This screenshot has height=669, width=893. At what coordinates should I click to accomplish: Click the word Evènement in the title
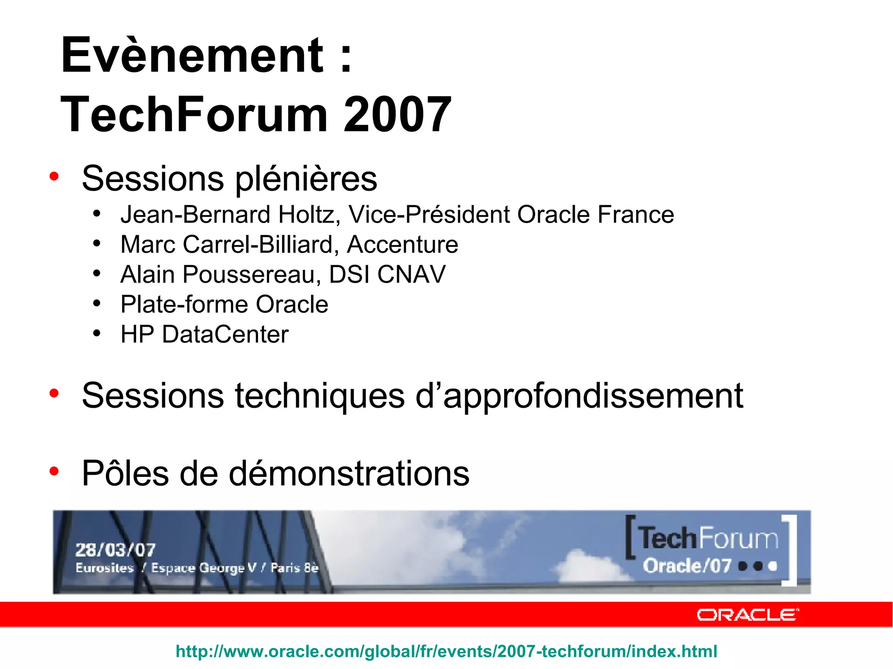(x=192, y=56)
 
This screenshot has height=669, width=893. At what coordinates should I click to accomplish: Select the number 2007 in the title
(x=397, y=115)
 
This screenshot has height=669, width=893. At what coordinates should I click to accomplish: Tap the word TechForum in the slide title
(x=194, y=115)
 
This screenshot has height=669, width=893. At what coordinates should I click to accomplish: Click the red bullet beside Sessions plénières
(x=54, y=176)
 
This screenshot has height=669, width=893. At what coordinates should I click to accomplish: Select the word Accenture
(x=402, y=244)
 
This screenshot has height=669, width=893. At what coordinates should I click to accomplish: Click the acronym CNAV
(x=411, y=274)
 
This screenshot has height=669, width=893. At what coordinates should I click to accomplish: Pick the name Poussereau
(x=252, y=274)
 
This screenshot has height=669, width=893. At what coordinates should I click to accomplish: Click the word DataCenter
(x=225, y=334)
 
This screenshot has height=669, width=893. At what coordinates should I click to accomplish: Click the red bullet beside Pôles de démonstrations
(x=54, y=471)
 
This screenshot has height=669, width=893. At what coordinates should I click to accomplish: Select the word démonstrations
(x=349, y=473)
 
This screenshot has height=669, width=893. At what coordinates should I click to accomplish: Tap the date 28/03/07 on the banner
(x=115, y=550)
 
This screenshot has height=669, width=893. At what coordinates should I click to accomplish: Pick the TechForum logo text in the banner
(x=709, y=538)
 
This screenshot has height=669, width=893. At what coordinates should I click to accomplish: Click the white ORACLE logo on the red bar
(x=748, y=615)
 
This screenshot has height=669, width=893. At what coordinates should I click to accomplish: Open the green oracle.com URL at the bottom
(x=446, y=652)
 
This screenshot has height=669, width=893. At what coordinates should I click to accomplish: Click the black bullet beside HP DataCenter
(x=97, y=334)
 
